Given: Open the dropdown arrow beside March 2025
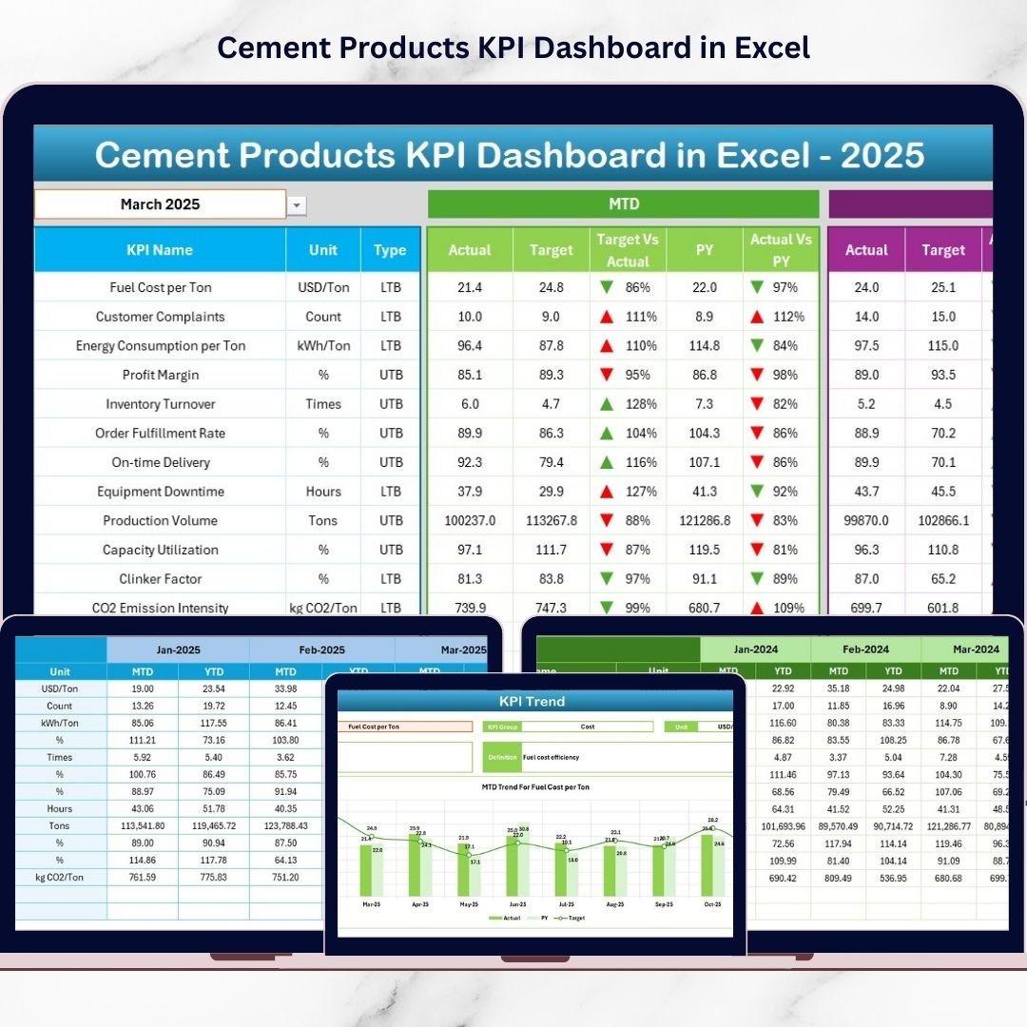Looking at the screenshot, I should click(298, 205).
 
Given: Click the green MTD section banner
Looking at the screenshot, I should click(623, 204).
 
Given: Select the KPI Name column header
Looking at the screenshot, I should click(160, 250).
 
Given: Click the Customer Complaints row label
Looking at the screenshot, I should click(160, 317).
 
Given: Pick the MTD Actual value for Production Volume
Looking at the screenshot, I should click(470, 521).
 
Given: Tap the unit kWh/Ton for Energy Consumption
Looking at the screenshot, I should click(323, 346).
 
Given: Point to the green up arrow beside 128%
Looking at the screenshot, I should click(606, 404).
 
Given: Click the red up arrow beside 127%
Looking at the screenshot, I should click(606, 492).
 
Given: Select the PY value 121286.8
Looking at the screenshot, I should click(705, 521).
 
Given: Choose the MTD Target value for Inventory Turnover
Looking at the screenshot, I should click(552, 404).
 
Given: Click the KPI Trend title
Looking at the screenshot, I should click(533, 702).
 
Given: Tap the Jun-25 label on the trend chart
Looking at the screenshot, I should click(517, 903).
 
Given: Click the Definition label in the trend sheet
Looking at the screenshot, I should click(501, 758).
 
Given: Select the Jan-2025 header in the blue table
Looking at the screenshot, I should click(178, 650).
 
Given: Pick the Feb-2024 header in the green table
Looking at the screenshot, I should click(865, 649).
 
